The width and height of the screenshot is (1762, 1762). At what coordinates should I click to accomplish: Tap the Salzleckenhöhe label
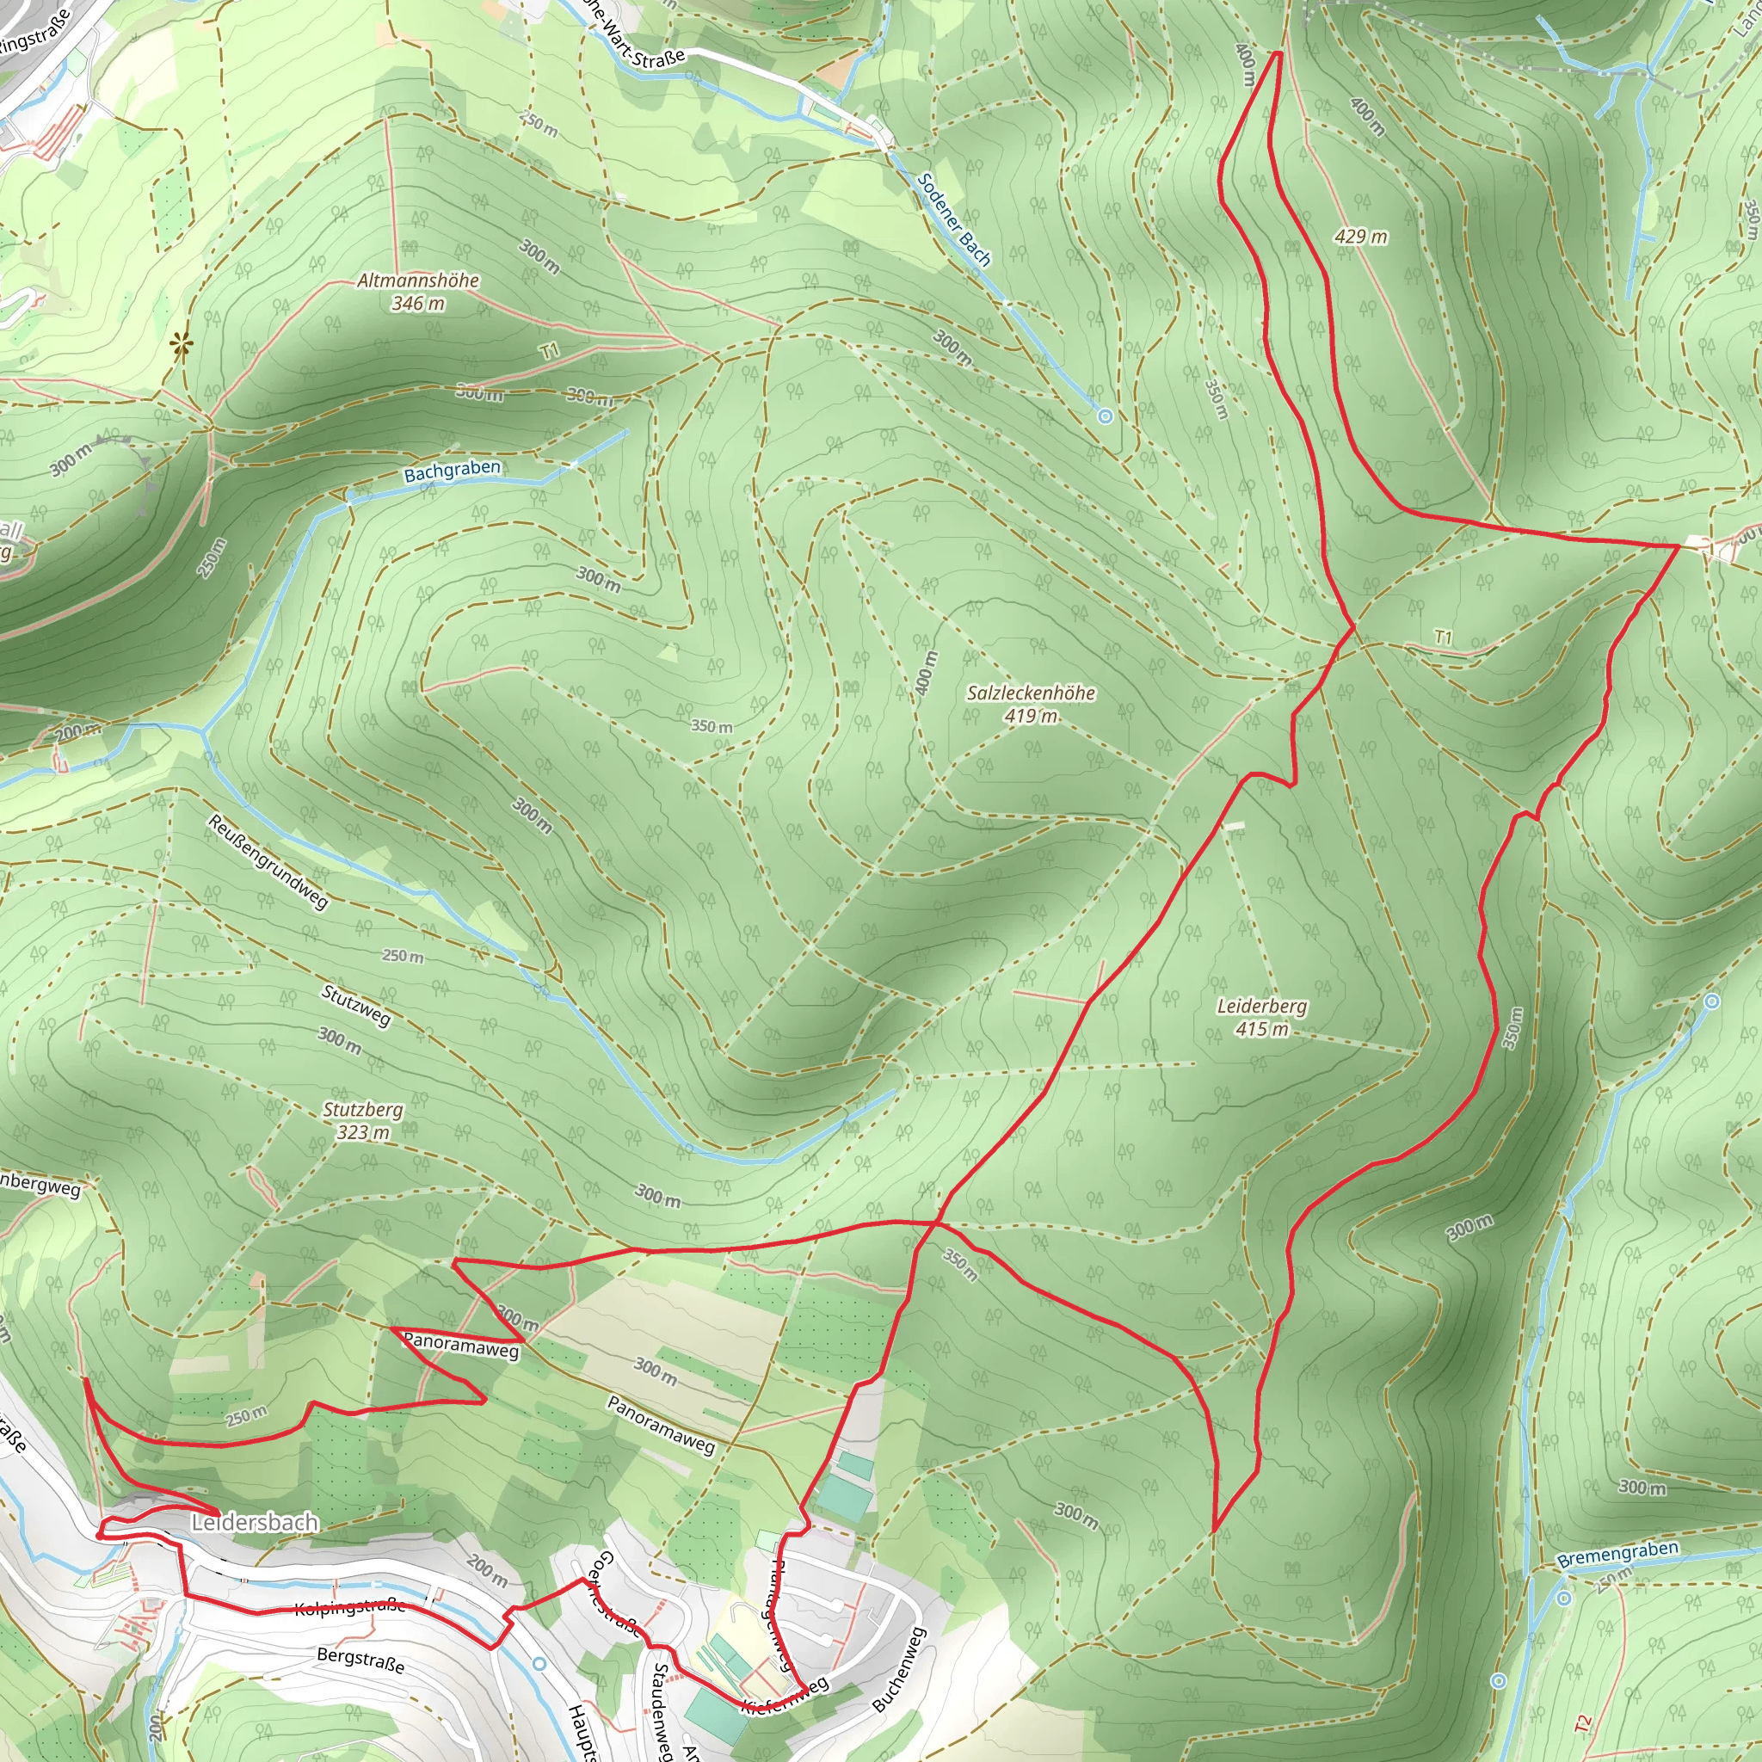click(1032, 693)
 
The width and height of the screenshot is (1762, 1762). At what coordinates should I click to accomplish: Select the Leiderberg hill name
click(1262, 1006)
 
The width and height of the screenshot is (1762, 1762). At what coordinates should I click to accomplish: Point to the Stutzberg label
click(363, 1110)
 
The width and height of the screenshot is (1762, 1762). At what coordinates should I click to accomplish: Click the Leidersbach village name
click(255, 1522)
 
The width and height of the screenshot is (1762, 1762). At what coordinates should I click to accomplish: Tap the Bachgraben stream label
click(453, 471)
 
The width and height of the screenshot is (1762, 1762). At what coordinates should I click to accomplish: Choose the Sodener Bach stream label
click(953, 219)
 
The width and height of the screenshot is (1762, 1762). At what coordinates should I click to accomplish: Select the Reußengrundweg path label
click(268, 862)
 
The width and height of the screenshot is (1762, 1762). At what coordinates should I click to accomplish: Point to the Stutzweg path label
click(356, 1005)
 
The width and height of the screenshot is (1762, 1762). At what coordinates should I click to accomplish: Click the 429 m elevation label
click(1362, 237)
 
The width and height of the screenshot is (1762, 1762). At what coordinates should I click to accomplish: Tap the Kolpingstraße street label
click(350, 1606)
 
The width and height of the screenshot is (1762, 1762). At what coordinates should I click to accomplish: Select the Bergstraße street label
click(361, 1658)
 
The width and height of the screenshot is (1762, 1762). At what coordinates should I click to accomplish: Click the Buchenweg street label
click(899, 1669)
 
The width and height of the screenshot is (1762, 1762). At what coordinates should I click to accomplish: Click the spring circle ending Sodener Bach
click(1106, 416)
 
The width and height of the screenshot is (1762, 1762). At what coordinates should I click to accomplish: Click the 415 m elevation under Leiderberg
click(1262, 1030)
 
